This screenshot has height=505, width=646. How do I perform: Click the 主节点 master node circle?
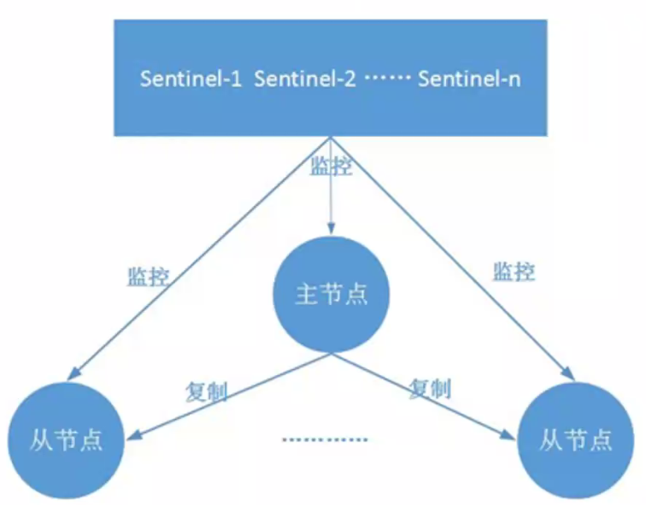click(x=331, y=294)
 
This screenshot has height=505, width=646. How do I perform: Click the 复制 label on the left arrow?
click(x=205, y=390)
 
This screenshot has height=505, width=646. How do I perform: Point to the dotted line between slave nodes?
click(x=326, y=441)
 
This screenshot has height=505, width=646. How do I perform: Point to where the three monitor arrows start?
click(x=331, y=138)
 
